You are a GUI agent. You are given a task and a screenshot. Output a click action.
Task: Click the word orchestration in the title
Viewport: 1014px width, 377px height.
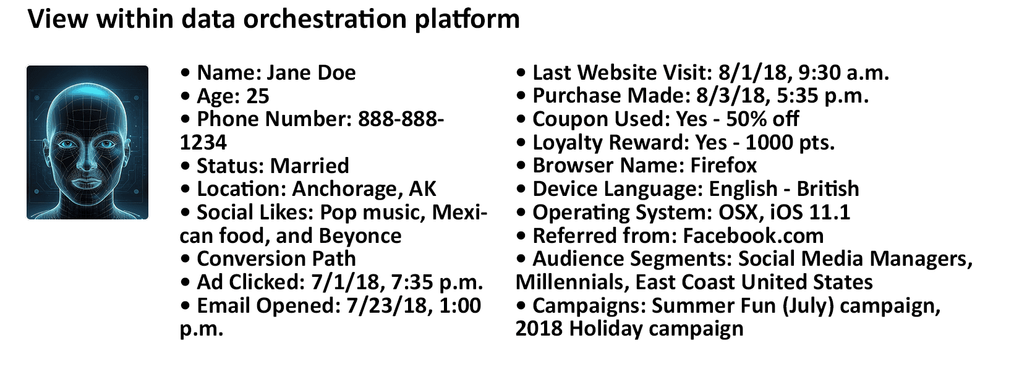coord(325,19)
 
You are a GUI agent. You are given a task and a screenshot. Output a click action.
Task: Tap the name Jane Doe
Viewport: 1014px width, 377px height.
coord(311,72)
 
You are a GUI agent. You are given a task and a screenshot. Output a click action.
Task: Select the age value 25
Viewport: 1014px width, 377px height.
coord(258,96)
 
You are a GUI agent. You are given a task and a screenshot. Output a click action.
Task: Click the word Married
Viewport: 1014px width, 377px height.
coord(310,166)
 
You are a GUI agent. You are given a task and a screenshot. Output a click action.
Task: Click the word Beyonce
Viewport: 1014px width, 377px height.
coord(360,236)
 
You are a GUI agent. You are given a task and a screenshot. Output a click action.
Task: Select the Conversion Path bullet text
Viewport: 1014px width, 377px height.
coord(276,259)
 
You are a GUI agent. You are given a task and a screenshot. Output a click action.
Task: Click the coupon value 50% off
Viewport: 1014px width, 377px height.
coord(763,119)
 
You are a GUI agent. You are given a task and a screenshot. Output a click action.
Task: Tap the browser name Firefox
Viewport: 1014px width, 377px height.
coord(723,166)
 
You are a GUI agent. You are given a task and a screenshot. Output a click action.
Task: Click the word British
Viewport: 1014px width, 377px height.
coord(828,189)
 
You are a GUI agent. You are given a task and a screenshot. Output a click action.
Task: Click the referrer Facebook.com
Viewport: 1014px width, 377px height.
coord(753,236)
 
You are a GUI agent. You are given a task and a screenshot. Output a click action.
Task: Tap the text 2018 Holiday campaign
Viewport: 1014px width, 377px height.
coord(629,329)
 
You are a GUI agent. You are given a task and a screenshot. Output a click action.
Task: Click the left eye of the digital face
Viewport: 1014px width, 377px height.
coord(68,145)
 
